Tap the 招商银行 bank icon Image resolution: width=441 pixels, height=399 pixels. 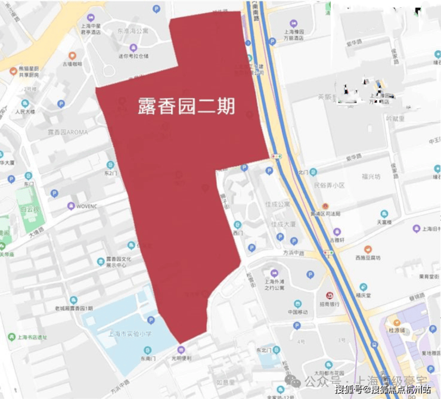330,296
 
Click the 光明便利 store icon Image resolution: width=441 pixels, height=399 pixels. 181,349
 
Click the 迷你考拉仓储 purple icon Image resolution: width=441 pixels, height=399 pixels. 132,48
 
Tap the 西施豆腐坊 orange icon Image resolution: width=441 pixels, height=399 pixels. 368,249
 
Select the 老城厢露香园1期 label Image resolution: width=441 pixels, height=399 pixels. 74,308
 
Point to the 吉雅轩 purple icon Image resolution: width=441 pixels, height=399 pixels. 337,231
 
